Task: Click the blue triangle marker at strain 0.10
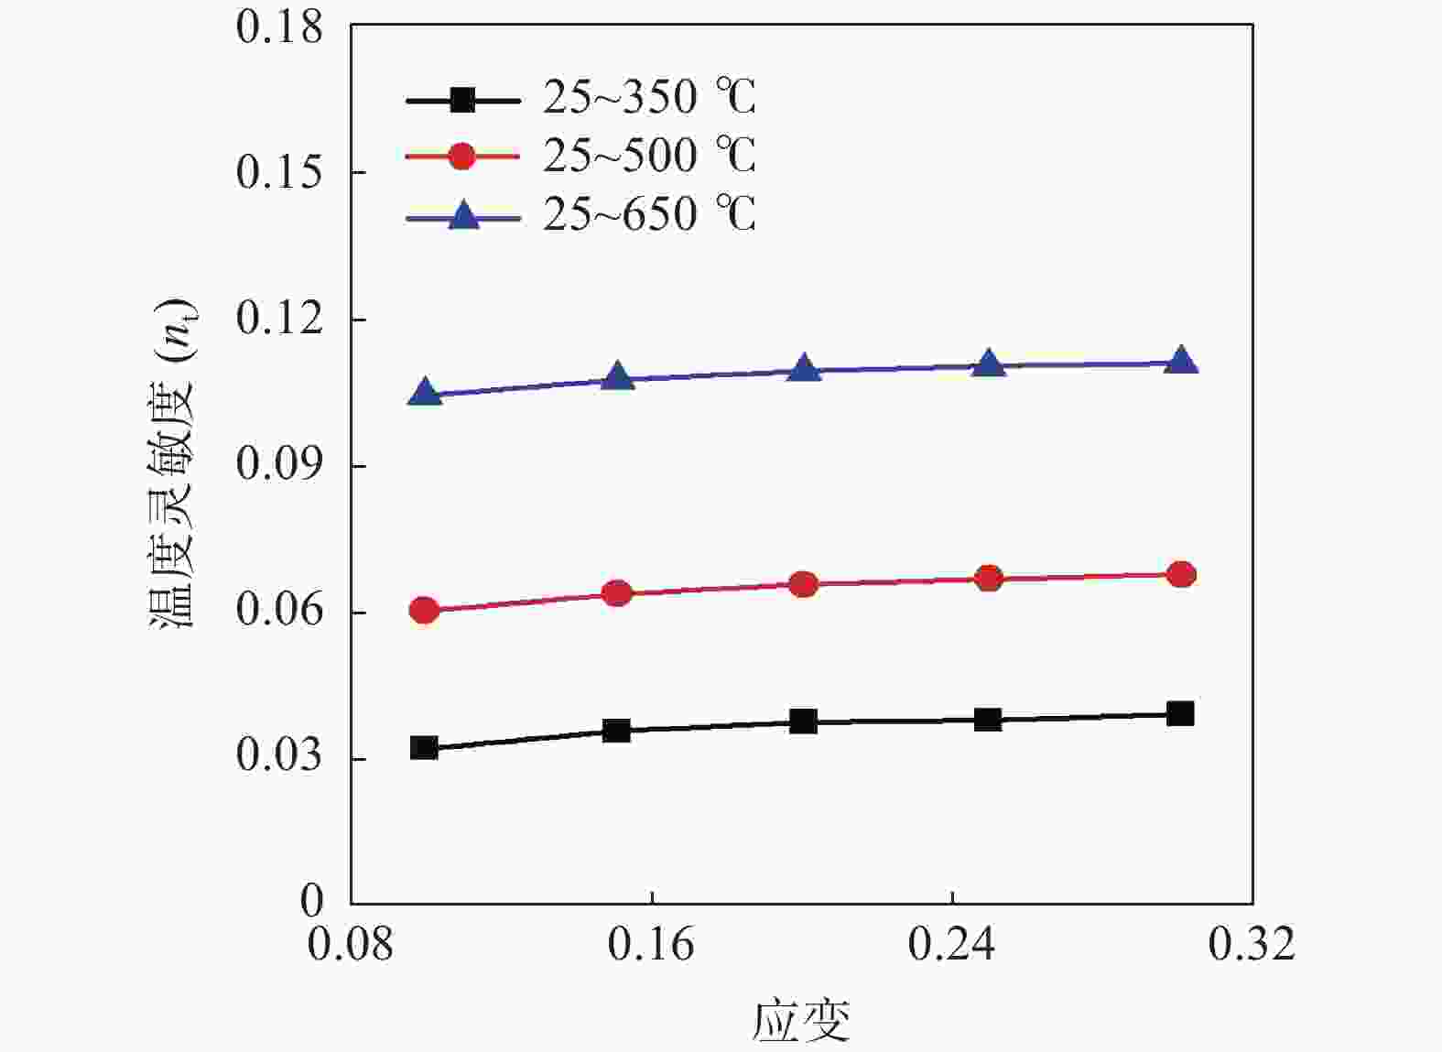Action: [425, 393]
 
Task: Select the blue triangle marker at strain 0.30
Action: [1181, 361]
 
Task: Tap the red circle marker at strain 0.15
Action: [618, 593]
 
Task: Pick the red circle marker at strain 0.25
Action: [989, 579]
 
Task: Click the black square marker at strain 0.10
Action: [424, 747]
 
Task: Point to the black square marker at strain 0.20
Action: [803, 721]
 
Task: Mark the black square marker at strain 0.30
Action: [1181, 713]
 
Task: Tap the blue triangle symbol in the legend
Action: [463, 216]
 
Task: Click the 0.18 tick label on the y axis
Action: [279, 27]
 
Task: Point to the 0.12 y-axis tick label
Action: [279, 319]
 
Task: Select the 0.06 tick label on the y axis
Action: [279, 610]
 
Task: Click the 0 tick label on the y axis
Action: [312, 901]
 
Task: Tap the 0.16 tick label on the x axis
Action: [651, 944]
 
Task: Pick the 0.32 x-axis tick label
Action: [1252, 944]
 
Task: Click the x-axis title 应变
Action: [801, 1021]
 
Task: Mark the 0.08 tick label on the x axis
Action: [351, 944]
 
